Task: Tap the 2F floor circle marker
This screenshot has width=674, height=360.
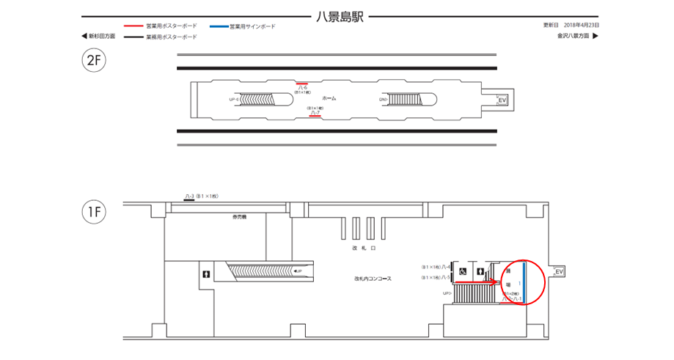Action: click(x=94, y=61)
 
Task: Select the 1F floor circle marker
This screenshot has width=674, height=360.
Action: click(x=94, y=213)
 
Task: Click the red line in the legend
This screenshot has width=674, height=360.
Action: click(x=133, y=26)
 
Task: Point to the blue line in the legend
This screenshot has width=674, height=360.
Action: click(x=219, y=26)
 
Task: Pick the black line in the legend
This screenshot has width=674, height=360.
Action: click(x=133, y=36)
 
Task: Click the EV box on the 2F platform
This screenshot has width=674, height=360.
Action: click(x=502, y=100)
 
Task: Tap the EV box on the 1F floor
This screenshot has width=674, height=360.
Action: click(x=560, y=272)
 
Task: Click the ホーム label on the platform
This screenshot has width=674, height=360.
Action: click(x=329, y=98)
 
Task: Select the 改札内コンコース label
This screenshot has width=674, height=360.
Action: click(x=372, y=279)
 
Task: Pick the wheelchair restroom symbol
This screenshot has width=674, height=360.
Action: click(x=463, y=271)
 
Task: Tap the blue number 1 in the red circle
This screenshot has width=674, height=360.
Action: click(x=520, y=282)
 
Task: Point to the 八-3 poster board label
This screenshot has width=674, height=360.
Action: click(x=188, y=196)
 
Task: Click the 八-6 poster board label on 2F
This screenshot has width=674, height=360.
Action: click(x=302, y=87)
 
